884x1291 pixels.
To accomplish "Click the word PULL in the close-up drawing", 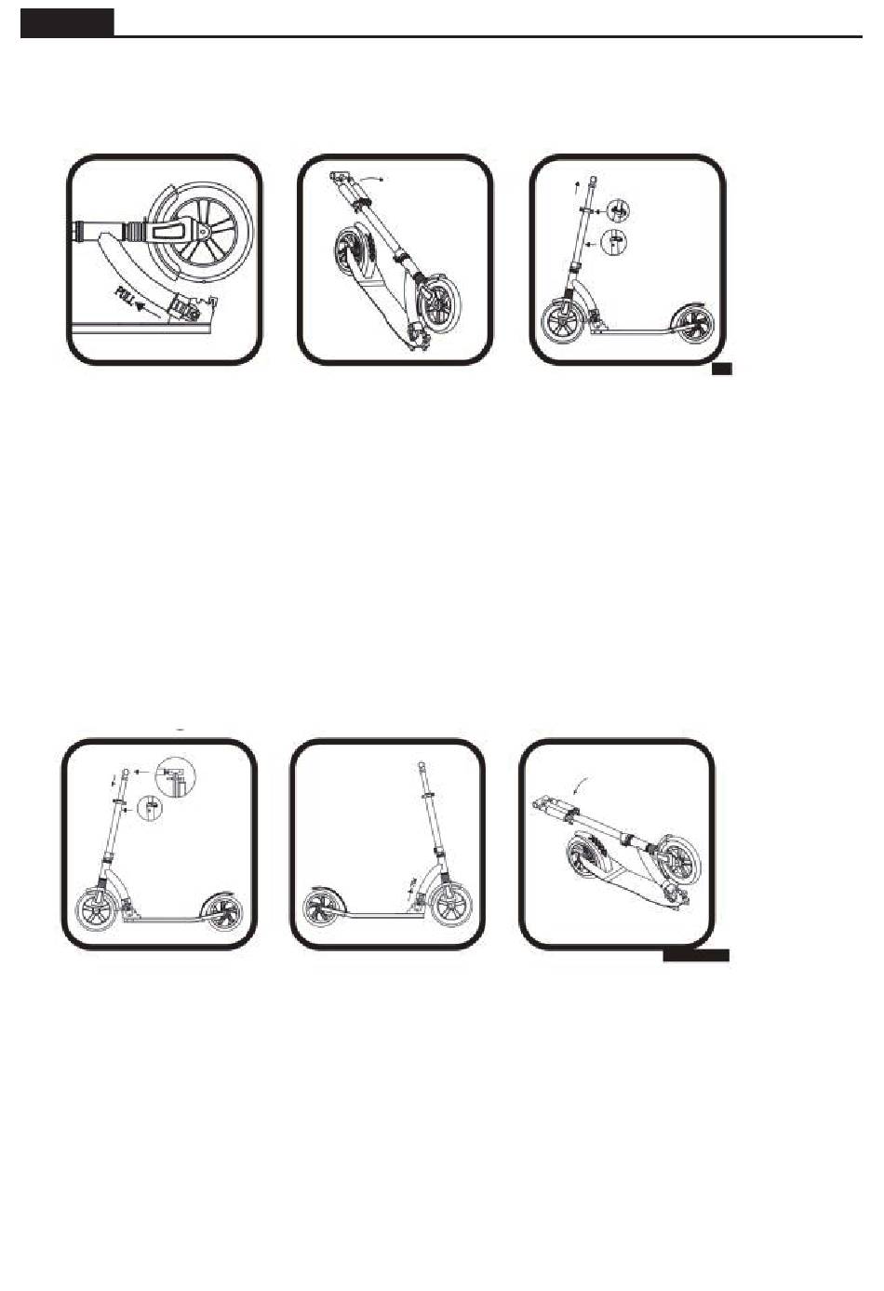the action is (x=126, y=294).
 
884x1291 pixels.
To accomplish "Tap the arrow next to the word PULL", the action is (x=149, y=310).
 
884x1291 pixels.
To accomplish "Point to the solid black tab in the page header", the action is (x=67, y=23).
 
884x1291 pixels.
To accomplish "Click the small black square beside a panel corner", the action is (x=721, y=369).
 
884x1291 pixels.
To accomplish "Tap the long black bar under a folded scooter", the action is (x=696, y=956).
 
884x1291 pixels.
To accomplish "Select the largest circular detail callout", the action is (x=177, y=777).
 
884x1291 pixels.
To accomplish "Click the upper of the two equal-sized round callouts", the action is (x=617, y=211).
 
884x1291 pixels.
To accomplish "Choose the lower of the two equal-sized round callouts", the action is (x=613, y=241).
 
